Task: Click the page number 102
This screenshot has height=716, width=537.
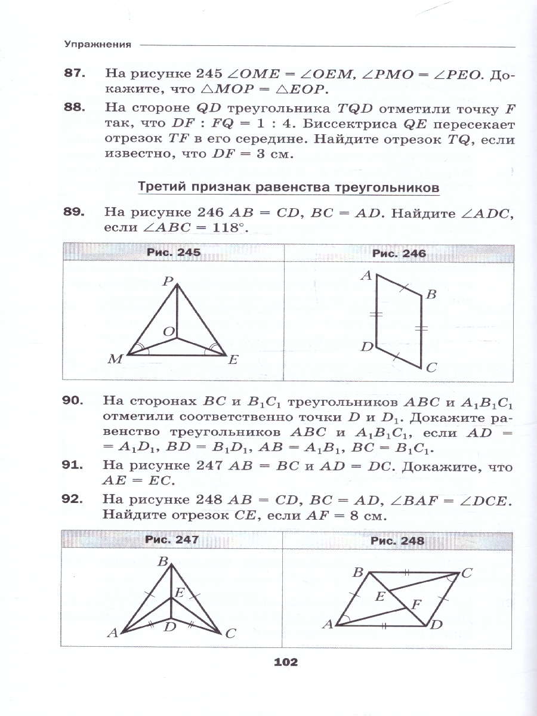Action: (x=285, y=662)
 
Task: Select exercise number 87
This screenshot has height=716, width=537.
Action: (x=76, y=74)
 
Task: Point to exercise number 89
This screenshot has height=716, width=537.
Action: (x=76, y=212)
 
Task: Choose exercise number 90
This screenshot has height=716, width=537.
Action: (x=76, y=400)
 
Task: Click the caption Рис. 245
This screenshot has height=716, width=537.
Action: (x=173, y=252)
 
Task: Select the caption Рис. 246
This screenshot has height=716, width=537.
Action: (x=399, y=253)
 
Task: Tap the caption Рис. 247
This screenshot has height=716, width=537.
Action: (x=171, y=540)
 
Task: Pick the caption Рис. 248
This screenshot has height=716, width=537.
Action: (x=397, y=541)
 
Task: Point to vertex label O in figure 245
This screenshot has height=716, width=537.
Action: (x=168, y=332)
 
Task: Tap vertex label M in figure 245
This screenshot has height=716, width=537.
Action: (x=115, y=360)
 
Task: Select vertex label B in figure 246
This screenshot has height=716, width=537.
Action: (x=431, y=294)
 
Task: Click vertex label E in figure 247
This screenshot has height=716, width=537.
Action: (x=179, y=592)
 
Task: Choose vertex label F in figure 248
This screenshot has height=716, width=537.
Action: (x=417, y=603)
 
